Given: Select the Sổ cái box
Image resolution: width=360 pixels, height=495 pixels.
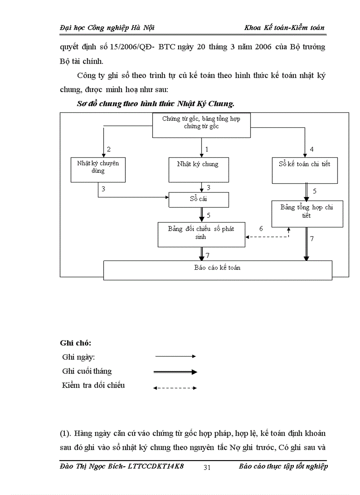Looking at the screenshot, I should (x=199, y=200).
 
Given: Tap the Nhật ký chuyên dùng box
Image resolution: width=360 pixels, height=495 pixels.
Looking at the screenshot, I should (x=98, y=169).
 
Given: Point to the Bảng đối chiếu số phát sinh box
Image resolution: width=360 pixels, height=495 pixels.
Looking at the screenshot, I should (x=201, y=234).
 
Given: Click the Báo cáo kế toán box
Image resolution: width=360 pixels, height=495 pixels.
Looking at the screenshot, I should (x=217, y=270).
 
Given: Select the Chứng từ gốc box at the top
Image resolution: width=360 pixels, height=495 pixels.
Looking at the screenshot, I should (x=202, y=125).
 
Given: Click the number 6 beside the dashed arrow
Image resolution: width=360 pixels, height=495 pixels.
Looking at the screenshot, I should (x=261, y=229).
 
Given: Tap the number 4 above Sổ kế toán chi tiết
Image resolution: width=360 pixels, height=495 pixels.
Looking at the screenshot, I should (x=312, y=149).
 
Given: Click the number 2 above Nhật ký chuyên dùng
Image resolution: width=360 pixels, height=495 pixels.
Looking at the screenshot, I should (x=109, y=149).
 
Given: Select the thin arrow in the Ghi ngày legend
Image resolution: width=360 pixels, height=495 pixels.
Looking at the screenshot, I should (x=175, y=356).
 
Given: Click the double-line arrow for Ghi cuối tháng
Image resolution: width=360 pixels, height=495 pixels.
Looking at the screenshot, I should (x=175, y=372).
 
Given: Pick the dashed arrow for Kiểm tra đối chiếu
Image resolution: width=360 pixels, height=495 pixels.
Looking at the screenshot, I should (x=175, y=388).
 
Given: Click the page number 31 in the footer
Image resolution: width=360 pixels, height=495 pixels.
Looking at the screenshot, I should (x=207, y=468).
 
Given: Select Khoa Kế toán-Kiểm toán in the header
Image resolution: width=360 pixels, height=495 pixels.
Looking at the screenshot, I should (x=285, y=28).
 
